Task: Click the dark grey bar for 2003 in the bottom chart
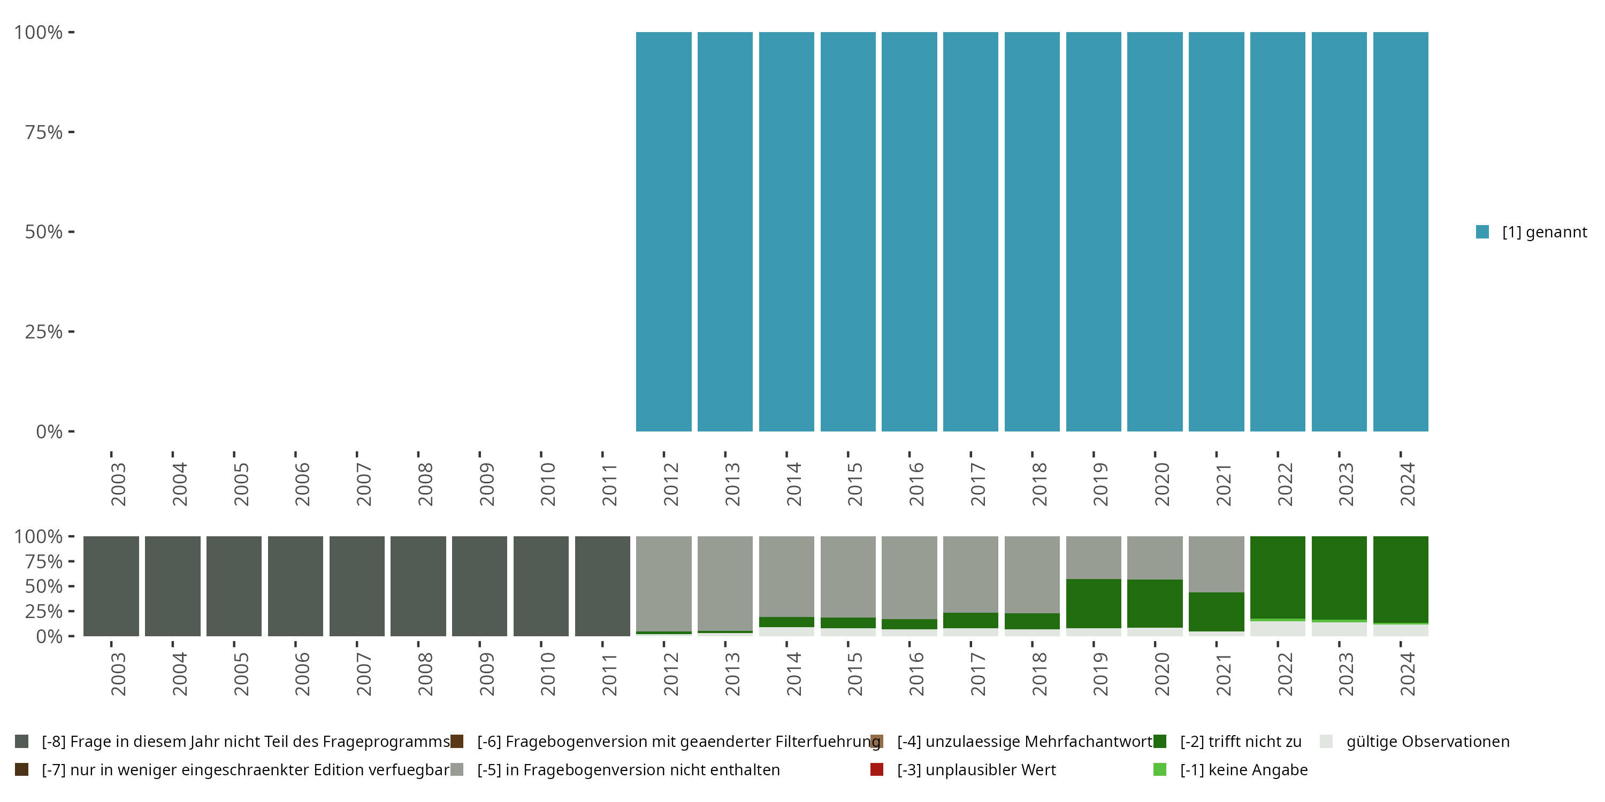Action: pos(111,586)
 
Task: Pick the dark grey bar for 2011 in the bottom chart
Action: pos(602,586)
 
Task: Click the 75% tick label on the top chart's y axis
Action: pos(44,132)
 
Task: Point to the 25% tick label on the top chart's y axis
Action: pos(44,331)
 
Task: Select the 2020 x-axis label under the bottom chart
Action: pos(1161,674)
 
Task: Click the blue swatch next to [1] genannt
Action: pos(1482,232)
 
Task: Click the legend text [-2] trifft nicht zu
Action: pos(1241,742)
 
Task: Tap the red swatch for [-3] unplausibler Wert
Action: pos(877,769)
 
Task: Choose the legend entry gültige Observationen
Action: pos(1427,742)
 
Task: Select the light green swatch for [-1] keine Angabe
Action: pos(1159,769)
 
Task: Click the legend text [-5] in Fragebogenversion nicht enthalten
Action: pos(628,769)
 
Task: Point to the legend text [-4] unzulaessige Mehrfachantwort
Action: pos(1025,742)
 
